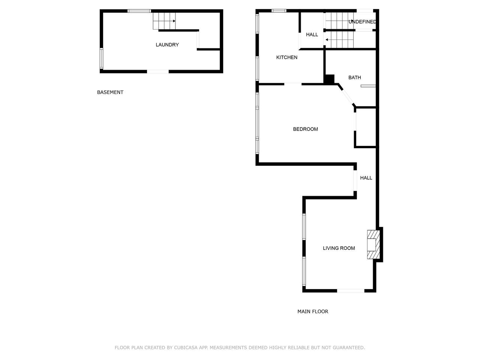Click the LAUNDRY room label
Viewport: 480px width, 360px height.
pos(167,45)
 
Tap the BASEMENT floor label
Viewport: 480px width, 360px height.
pos(110,92)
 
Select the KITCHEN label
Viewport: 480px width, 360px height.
pos(287,57)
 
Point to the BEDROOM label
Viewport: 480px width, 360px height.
pos(305,129)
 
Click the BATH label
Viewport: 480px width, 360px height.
pos(354,78)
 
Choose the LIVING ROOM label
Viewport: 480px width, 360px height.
pos(339,248)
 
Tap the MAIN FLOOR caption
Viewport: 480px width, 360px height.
pos(313,312)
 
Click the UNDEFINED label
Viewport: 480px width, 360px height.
pos(362,22)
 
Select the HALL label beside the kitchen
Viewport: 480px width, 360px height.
pos(312,34)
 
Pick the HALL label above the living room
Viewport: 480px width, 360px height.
pos(366,178)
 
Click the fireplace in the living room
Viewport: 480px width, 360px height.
pos(373,244)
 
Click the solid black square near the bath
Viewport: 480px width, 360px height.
pos(329,79)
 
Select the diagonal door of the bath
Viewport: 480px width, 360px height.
pos(347,95)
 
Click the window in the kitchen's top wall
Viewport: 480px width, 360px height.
pos(279,11)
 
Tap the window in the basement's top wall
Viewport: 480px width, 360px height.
pos(139,11)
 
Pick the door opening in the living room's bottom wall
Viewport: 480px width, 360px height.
pos(351,291)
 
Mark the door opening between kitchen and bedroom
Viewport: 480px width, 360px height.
pos(293,84)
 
